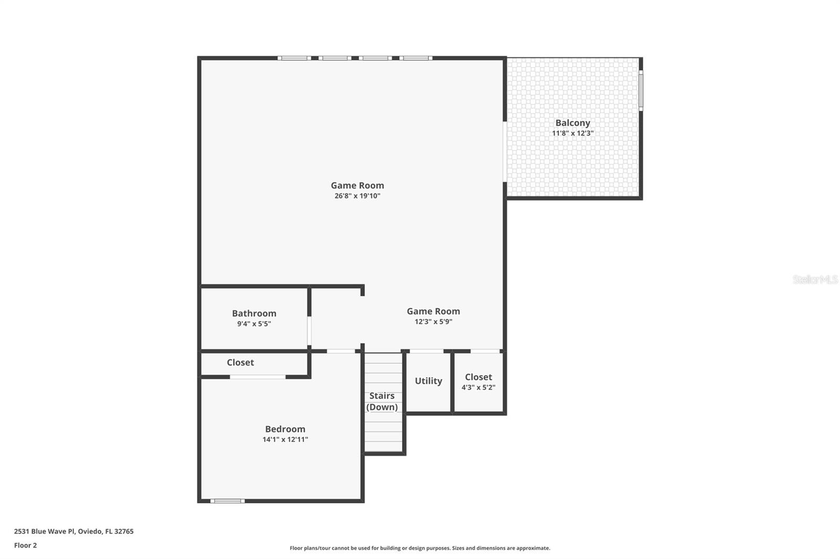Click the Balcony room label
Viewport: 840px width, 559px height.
pos(573,123)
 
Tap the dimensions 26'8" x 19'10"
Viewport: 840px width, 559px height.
pos(358,196)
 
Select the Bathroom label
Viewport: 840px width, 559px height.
pos(254,313)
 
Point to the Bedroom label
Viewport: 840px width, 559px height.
pos(285,429)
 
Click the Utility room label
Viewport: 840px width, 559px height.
pos(428,381)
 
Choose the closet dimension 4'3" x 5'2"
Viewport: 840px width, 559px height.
pos(478,388)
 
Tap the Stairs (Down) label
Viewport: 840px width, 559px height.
pos(382,401)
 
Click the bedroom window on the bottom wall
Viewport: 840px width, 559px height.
pos(227,501)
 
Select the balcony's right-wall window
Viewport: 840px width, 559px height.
pos(641,91)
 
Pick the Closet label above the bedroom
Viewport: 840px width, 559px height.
pos(240,363)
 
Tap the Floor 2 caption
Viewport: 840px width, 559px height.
pos(26,545)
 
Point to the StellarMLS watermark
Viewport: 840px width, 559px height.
pos(815,279)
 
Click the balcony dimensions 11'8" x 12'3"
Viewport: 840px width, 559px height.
pos(573,133)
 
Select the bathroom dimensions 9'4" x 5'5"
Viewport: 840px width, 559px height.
pos(254,324)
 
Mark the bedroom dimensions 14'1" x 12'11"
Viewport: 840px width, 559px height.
pos(285,439)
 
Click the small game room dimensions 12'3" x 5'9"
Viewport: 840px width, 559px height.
pos(433,321)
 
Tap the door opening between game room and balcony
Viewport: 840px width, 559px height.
pos(505,152)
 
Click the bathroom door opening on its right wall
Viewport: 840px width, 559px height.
pos(309,331)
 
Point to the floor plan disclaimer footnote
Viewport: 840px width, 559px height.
pos(420,548)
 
